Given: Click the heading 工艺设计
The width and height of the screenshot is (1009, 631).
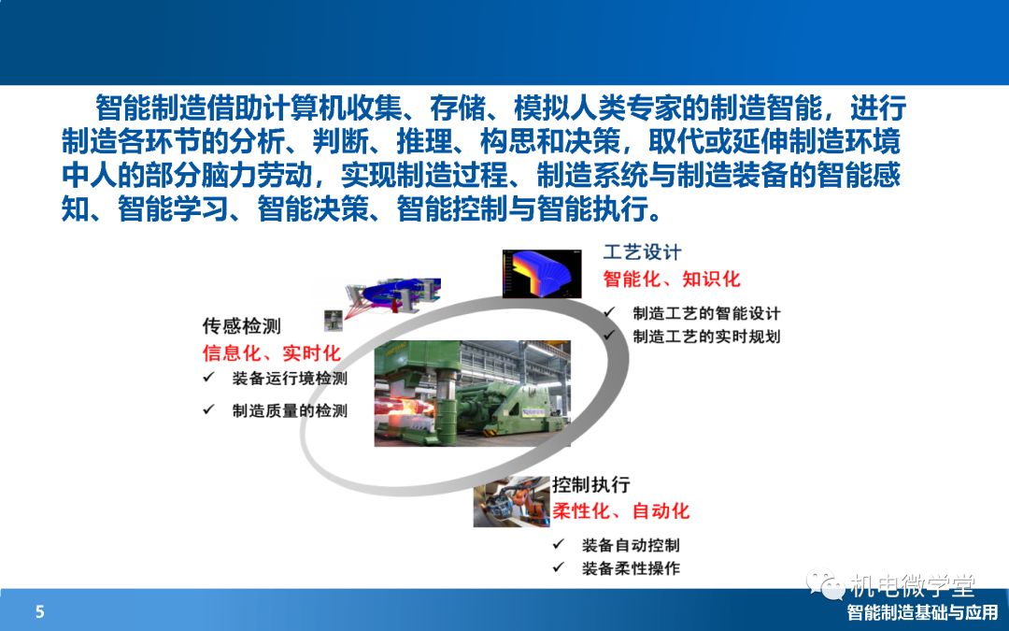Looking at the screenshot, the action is pyautogui.click(x=642, y=251).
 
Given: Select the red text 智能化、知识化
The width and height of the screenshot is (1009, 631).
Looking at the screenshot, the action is pyautogui.click(x=672, y=279).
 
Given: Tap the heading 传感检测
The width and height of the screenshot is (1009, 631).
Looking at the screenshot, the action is pyautogui.click(x=242, y=326).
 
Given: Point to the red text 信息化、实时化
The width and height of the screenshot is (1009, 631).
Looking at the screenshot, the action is pyautogui.click(x=272, y=352).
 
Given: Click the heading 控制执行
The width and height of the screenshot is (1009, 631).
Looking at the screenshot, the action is pyautogui.click(x=590, y=484).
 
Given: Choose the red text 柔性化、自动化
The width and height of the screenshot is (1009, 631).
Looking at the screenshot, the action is pyautogui.click(x=621, y=511).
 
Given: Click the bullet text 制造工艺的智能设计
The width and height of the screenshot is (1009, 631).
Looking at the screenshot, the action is pyautogui.click(x=706, y=313).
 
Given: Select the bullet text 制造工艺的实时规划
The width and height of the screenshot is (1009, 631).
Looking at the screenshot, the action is pyautogui.click(x=706, y=337).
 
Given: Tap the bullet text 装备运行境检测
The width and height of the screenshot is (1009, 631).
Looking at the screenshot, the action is pyautogui.click(x=290, y=378).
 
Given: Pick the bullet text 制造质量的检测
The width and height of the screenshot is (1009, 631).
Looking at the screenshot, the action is pyautogui.click(x=290, y=410).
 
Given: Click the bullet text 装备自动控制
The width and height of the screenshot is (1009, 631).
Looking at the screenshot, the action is pyautogui.click(x=631, y=545).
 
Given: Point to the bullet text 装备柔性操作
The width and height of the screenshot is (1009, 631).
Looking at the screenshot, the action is pyautogui.click(x=631, y=568).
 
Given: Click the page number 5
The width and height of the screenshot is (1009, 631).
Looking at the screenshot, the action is pyautogui.click(x=40, y=611).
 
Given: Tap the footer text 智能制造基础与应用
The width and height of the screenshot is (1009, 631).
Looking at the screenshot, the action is pyautogui.click(x=923, y=611).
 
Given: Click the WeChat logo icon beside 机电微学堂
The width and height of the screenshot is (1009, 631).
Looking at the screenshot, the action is pyautogui.click(x=826, y=584).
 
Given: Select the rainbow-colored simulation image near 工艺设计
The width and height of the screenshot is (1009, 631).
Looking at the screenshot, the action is pyautogui.click(x=542, y=274).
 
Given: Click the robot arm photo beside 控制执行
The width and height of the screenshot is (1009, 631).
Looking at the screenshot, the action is pyautogui.click(x=512, y=502).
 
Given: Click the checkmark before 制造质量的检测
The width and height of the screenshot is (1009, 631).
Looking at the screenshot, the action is pyautogui.click(x=208, y=409).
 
